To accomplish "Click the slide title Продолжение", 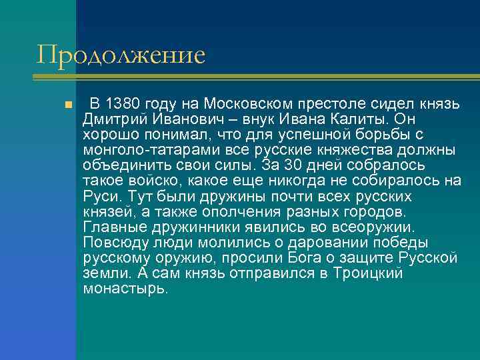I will pyautogui.click(x=121, y=54).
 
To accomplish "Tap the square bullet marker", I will pyautogui.click(x=68, y=106).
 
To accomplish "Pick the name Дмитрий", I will pyautogui.click(x=112, y=119).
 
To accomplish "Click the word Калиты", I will pyautogui.click(x=355, y=119).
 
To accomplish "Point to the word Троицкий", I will pyautogui.click(x=361, y=273).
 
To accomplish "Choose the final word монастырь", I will pyautogui.click(x=125, y=288).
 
